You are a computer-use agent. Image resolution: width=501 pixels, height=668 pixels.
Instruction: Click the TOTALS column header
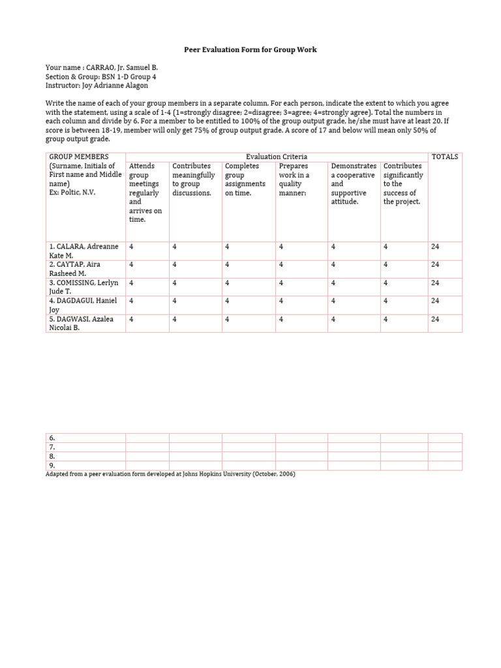coord(444,157)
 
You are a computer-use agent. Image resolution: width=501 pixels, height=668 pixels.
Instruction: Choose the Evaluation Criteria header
coord(276,157)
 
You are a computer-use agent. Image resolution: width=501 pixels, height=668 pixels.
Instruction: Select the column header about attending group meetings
coord(145,193)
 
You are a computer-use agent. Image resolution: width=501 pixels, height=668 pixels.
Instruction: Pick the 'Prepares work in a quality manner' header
coord(294,179)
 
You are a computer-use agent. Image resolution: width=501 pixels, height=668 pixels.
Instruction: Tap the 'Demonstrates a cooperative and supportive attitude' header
coord(353,184)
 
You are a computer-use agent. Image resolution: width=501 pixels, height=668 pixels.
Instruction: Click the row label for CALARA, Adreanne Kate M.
coord(83,251)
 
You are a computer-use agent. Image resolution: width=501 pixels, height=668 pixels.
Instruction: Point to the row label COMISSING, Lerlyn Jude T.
coord(84,288)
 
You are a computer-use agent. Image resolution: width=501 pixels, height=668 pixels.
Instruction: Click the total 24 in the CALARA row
coord(435,247)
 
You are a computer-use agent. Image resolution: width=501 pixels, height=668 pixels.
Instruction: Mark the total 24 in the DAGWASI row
coord(435,319)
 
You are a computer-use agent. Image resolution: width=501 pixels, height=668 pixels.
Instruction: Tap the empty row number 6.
coord(52,438)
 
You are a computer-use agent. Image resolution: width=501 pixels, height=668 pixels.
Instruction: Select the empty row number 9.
coord(52,466)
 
